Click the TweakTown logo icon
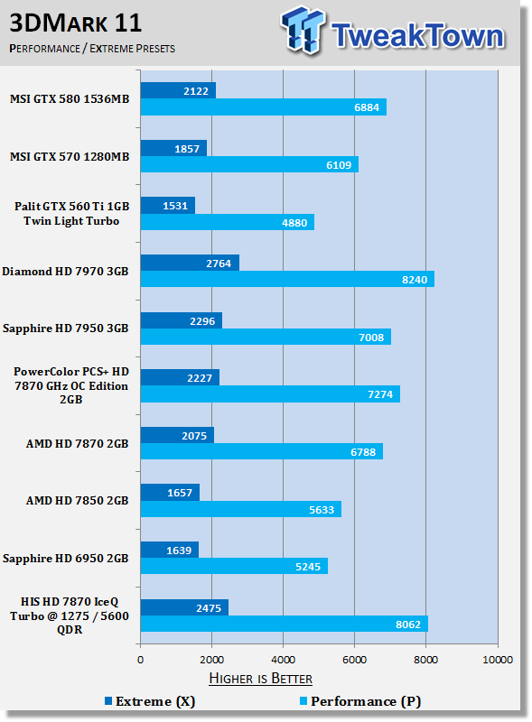coord(303,30)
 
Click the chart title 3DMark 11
coord(76,23)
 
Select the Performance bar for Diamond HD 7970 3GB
coord(287,279)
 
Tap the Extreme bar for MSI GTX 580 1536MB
coord(178,91)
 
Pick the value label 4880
coord(294,223)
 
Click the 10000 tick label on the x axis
coord(498,660)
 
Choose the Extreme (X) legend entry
coord(150,701)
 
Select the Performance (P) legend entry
coord(360,701)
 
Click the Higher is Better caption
coord(260,679)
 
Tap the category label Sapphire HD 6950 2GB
coord(65,558)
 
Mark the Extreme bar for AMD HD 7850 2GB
coord(170,492)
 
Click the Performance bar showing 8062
coord(284,624)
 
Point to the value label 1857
coord(187,149)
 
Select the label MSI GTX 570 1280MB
coord(70,156)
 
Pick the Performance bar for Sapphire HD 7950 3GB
coord(266,337)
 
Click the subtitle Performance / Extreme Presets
coord(92,49)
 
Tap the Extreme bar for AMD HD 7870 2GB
coord(178,435)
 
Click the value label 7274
coord(380,394)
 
